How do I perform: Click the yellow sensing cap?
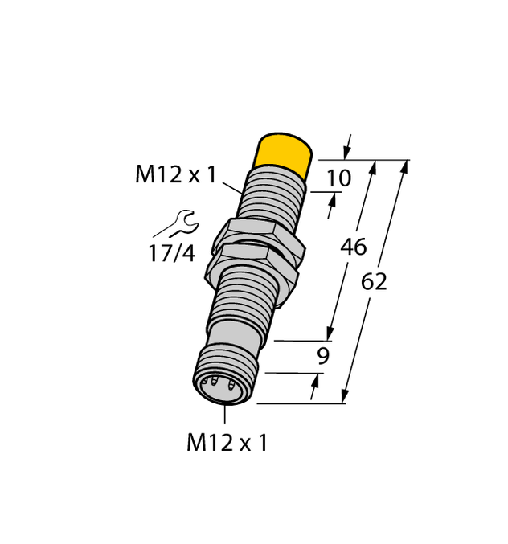(x=284, y=153)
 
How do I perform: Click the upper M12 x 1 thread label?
(x=175, y=174)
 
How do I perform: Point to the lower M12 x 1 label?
(x=226, y=442)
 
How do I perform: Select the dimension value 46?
(x=354, y=247)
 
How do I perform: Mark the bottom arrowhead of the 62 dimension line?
(x=345, y=396)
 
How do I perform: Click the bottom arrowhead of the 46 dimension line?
(x=329, y=334)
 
